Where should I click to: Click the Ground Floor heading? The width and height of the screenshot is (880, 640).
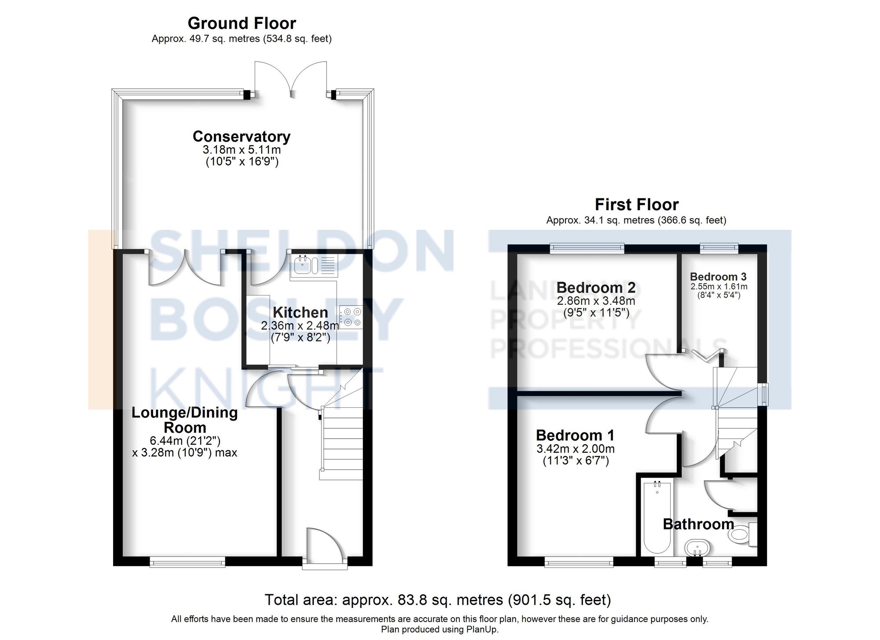[242, 23]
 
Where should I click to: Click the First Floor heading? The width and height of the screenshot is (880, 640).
[636, 205]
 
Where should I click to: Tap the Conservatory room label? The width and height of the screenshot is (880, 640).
[242, 136]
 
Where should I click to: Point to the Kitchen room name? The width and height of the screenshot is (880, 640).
[300, 312]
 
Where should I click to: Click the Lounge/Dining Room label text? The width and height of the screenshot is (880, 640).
[185, 420]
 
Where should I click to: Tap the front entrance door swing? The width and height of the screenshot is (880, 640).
[323, 545]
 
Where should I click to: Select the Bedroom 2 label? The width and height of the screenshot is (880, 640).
[596, 288]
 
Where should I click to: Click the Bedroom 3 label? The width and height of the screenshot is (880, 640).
[718, 277]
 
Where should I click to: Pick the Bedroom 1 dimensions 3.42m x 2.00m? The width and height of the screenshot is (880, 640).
[575, 449]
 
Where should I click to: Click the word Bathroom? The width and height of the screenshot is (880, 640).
[698, 524]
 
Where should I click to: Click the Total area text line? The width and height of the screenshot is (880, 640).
[437, 600]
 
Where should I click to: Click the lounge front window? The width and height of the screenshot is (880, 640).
[187, 561]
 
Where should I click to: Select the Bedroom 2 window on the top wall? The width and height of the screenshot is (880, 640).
[587, 249]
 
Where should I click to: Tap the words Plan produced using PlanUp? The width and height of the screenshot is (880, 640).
[440, 629]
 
